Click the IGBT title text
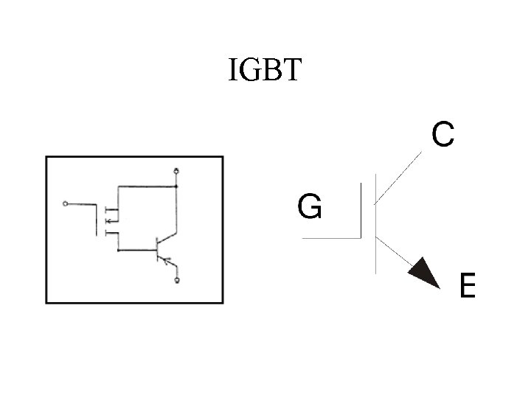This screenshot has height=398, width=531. point(265,70)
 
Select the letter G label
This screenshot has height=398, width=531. point(309,206)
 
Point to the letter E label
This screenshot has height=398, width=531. point(468,285)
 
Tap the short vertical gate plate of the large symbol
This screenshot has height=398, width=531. point(361,212)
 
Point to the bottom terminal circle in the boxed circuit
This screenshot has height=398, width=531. point(177,280)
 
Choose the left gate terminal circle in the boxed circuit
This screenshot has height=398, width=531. point(66,203)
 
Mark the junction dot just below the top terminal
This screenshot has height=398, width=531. point(177,186)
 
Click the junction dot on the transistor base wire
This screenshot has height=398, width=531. point(118,250)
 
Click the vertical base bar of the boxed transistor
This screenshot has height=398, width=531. point(157,250)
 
